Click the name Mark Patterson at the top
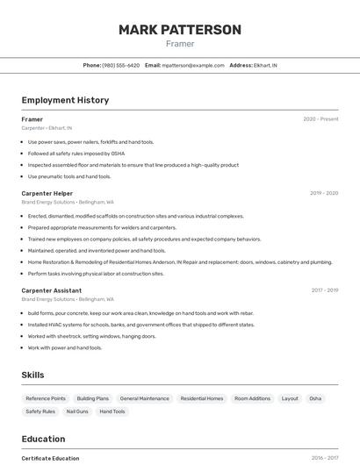click(x=180, y=30)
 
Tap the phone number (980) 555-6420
click(x=120, y=65)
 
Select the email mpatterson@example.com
click(x=193, y=65)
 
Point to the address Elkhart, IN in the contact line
click(x=263, y=65)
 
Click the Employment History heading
click(x=65, y=100)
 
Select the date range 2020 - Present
click(x=320, y=119)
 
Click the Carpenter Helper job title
click(x=47, y=193)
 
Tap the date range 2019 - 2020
click(x=323, y=193)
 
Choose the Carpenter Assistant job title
click(x=52, y=290)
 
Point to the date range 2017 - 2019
click(x=324, y=290)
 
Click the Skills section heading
click(x=32, y=375)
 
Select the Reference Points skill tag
click(x=46, y=398)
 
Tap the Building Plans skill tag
click(x=93, y=398)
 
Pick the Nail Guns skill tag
click(x=77, y=411)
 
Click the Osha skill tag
click(x=315, y=398)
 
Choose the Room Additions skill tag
click(x=252, y=398)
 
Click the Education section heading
click(x=43, y=439)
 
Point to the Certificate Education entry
click(x=50, y=458)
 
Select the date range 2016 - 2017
click(x=325, y=458)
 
